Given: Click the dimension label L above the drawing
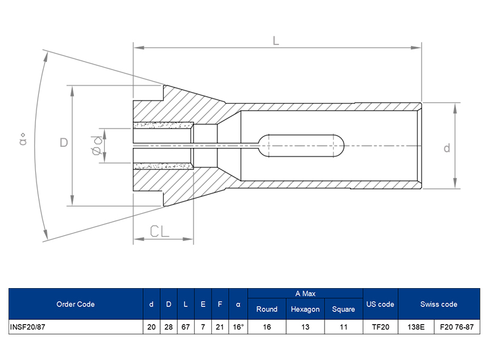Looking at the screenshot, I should pyautogui.click(x=275, y=41).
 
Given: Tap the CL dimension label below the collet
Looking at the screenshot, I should pyautogui.click(x=159, y=231).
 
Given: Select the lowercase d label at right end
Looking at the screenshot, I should pyautogui.click(x=446, y=148).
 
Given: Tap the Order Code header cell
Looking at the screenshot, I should pyautogui.click(x=75, y=304).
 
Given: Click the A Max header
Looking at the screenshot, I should pyautogui.click(x=305, y=294).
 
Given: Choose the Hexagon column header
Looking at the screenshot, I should pyautogui.click(x=305, y=309).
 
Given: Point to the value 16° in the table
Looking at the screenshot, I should pyautogui.click(x=238, y=327).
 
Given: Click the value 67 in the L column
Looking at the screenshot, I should pyautogui.click(x=186, y=327).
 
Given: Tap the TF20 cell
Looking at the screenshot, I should pyautogui.click(x=380, y=327).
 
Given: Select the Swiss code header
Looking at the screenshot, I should pyautogui.click(x=438, y=304).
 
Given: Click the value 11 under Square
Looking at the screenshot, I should pyautogui.click(x=343, y=327).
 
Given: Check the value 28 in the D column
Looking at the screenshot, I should pyautogui.click(x=168, y=327).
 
